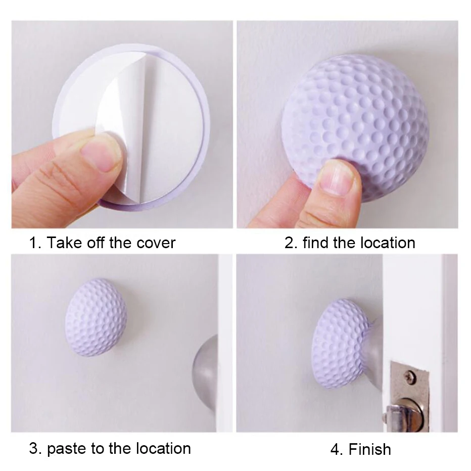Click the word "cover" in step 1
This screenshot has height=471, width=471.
click(x=156, y=243)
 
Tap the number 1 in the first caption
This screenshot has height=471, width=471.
click(x=33, y=243)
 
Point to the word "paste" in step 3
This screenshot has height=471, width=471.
click(x=67, y=449)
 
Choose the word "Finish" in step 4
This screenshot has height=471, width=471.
click(x=370, y=450)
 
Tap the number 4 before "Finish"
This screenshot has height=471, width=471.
click(x=337, y=450)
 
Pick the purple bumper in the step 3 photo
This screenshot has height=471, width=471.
click(x=96, y=317)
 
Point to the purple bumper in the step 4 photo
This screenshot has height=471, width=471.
click(x=340, y=344)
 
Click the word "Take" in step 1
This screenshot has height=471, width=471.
click(x=64, y=243)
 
